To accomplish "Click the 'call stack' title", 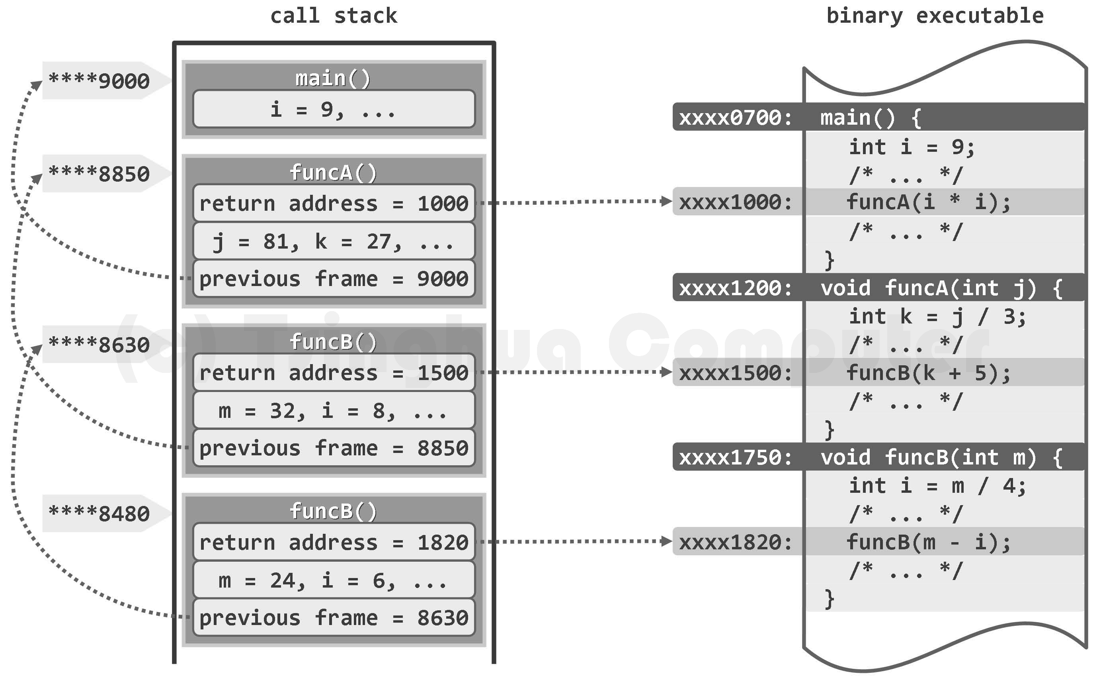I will [334, 16].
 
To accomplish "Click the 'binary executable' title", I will [935, 16].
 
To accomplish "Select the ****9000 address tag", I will [99, 81].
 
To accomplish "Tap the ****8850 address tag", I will [99, 174].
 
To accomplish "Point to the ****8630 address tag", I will [99, 345].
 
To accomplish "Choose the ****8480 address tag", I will [99, 513].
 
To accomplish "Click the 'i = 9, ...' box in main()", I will [334, 109].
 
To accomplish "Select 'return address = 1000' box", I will [334, 203].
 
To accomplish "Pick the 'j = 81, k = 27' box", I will [334, 241].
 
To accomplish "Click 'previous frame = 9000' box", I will [334, 279].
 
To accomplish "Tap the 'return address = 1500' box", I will [334, 373].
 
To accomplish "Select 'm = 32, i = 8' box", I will [334, 411].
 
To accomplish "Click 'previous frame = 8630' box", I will [334, 617].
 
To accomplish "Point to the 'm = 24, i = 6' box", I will [334, 580].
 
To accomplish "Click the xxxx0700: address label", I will [736, 118].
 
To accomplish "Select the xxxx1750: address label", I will [736, 457].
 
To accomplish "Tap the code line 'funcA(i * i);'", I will [928, 202].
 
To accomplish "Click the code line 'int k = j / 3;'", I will [937, 317].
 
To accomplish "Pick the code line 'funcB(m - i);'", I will [928, 542].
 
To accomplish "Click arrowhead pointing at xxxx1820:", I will [667, 541].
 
